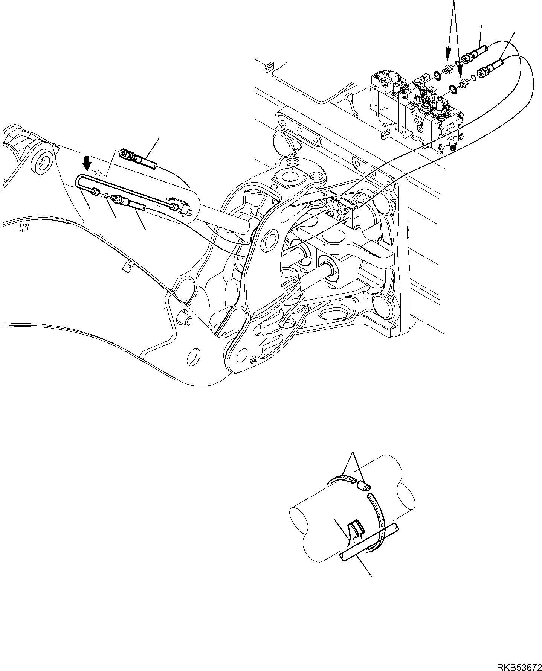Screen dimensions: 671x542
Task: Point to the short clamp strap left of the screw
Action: tap(343, 479)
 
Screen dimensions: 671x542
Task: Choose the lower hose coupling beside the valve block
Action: tap(488, 70)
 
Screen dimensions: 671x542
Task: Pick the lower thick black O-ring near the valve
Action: tap(453, 89)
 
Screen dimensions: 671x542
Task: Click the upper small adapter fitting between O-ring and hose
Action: tap(447, 70)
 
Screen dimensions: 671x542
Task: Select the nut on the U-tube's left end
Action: tap(96, 192)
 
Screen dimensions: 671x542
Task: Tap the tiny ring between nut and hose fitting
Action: tap(107, 195)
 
